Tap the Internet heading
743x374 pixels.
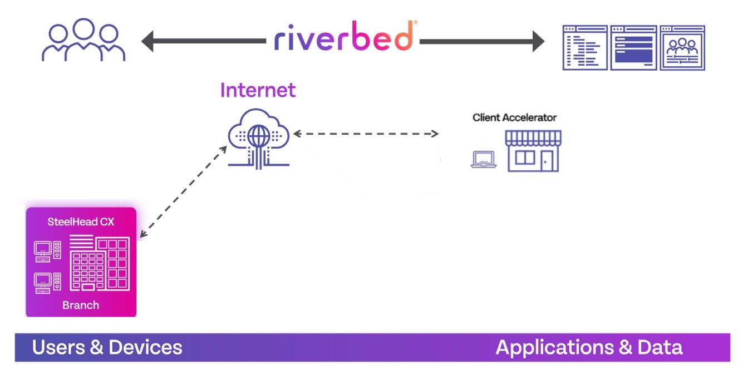point(258,90)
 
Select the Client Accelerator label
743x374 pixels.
point(514,117)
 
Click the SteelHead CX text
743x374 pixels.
point(81,222)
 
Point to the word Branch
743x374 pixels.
point(81,304)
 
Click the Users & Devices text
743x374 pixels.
point(107,347)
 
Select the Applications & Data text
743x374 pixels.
point(589,347)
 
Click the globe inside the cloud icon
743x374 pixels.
point(259,136)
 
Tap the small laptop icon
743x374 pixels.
point(484,160)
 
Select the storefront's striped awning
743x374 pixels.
point(533,137)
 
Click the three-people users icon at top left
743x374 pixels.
point(83,40)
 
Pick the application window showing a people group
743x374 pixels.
point(682,48)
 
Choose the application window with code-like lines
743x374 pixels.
point(585,48)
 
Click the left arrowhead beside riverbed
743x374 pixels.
point(147,41)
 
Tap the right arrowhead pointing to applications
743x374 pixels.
point(538,41)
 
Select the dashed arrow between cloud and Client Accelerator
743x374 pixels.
point(366,134)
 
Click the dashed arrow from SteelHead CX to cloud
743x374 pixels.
point(184,192)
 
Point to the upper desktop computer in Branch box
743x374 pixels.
point(47,252)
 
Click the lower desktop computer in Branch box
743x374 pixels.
point(47,283)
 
